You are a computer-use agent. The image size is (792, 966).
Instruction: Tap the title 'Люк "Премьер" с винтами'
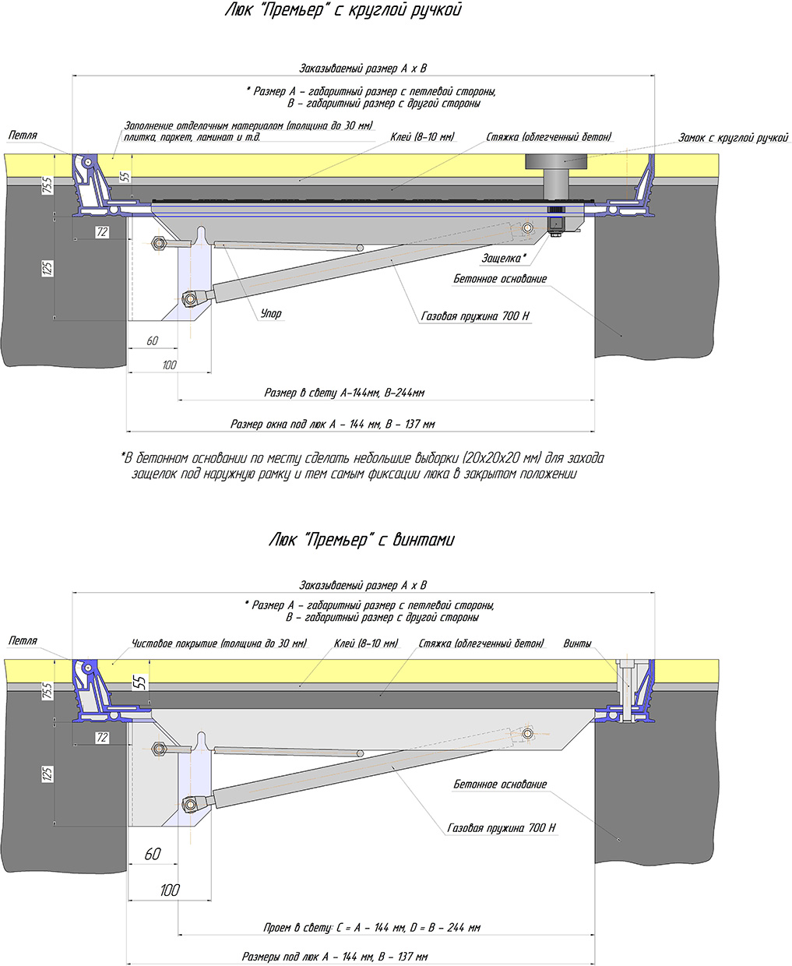tap(361, 539)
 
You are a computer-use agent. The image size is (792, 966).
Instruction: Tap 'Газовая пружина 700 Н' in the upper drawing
tap(474, 316)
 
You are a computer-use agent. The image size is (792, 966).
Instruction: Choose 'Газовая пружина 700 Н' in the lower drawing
tap(502, 828)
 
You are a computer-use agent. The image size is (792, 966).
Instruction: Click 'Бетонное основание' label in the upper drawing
tap(500, 278)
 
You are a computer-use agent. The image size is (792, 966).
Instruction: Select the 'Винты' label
tap(577, 643)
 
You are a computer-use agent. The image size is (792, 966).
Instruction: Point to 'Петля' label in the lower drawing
tap(23, 640)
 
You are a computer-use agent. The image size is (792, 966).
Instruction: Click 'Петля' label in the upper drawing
tap(23, 135)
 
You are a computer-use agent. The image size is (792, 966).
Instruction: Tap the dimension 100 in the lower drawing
tap(169, 890)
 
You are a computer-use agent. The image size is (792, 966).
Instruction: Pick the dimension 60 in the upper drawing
tap(152, 340)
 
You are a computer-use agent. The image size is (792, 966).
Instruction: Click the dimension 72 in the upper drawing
tap(101, 232)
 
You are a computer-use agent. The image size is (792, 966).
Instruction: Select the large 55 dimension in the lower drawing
tap(138, 683)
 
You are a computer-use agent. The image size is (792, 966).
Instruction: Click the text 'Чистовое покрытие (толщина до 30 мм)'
tap(219, 643)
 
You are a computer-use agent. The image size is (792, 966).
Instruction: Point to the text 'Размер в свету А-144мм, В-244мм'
tap(344, 393)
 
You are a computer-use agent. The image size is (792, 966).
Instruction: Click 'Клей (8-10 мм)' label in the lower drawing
tap(365, 643)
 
